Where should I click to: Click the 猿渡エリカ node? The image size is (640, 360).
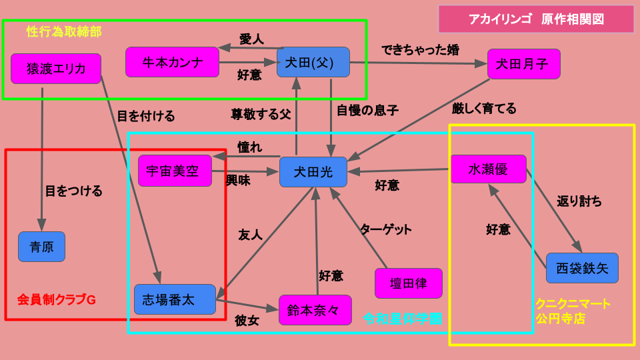click(x=56, y=69)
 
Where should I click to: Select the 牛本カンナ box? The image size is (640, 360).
click(x=172, y=62)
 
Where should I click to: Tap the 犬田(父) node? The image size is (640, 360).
click(x=313, y=62)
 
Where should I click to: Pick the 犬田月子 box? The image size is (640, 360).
click(x=523, y=64)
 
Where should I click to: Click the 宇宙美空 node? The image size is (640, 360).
click(x=175, y=171)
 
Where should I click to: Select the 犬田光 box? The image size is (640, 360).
click(x=313, y=172)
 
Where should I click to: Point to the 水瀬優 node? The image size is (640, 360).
click(x=488, y=169)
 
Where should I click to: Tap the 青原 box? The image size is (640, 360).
click(x=41, y=247)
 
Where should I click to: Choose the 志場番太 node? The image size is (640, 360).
click(x=175, y=299)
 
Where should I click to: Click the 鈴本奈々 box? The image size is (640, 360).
click(x=315, y=310)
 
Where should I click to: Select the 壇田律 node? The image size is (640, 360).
click(x=409, y=283)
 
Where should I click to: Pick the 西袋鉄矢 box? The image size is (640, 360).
click(x=582, y=268)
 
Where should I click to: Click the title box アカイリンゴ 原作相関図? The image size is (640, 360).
click(x=536, y=19)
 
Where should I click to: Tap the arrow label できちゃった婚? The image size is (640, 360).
click(x=420, y=50)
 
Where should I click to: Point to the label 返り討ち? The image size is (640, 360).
click(x=579, y=201)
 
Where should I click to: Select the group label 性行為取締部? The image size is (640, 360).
click(x=64, y=31)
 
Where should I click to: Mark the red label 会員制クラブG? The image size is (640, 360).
click(x=57, y=299)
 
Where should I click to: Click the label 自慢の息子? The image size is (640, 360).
click(x=367, y=111)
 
